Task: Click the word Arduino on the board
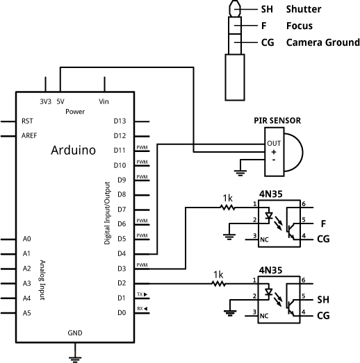73,150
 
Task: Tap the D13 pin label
120,121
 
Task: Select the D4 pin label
120,253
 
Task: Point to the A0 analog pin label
27,239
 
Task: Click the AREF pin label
30,135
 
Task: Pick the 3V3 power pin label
46,101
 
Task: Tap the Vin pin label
104,101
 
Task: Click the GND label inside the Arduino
75,333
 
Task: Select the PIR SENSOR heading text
277,121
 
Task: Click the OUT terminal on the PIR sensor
273,143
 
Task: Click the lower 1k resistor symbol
219,283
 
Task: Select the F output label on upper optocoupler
323,223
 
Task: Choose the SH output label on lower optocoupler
323,300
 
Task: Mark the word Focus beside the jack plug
300,26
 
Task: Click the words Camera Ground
322,42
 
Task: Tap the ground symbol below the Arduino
75,358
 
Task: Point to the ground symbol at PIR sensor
241,167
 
